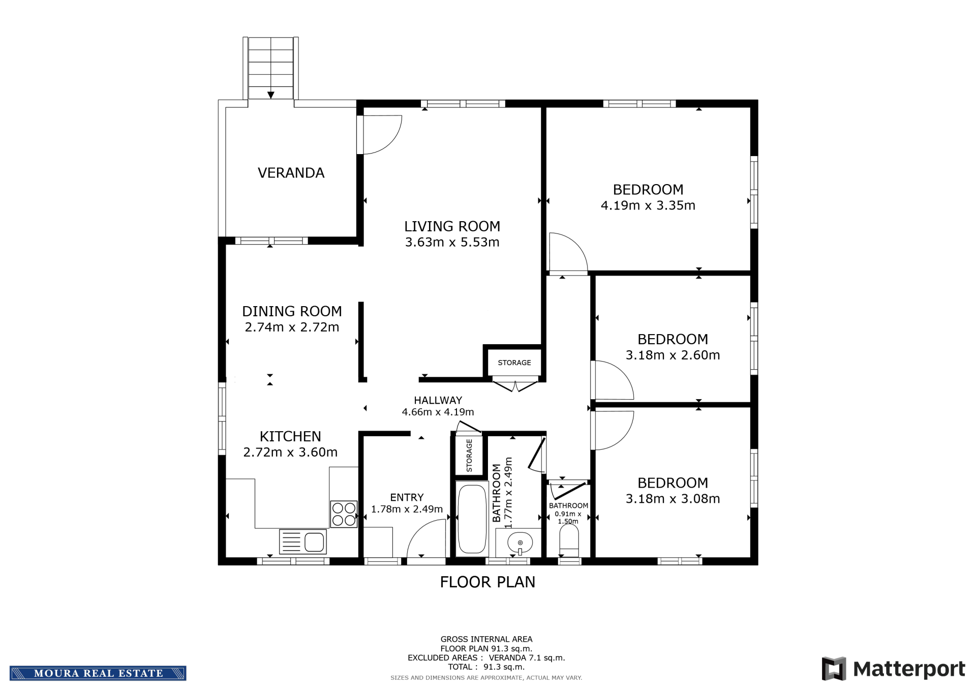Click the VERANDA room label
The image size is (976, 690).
point(291,173)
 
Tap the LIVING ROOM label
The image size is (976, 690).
point(452,226)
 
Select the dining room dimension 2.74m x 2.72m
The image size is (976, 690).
point(292,327)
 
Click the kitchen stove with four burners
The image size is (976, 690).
point(344,514)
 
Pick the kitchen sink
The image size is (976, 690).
point(303,542)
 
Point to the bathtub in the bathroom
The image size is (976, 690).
point(472,519)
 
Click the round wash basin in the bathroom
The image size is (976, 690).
point(520,543)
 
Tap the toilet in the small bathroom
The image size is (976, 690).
point(569,541)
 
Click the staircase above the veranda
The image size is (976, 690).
point(270,68)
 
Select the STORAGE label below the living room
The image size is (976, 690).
point(514,363)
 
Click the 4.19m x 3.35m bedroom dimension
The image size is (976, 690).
point(648,205)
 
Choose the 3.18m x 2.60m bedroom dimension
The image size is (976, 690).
point(673,355)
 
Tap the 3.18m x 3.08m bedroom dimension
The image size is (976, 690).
point(673,499)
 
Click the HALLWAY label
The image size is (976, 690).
point(438,400)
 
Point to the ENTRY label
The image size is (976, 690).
point(407,497)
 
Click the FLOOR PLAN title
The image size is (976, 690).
point(487,582)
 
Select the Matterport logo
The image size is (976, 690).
point(893,668)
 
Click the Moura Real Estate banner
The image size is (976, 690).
point(98,673)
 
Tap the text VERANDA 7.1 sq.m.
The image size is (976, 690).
point(527,658)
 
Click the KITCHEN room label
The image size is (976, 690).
point(290,436)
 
